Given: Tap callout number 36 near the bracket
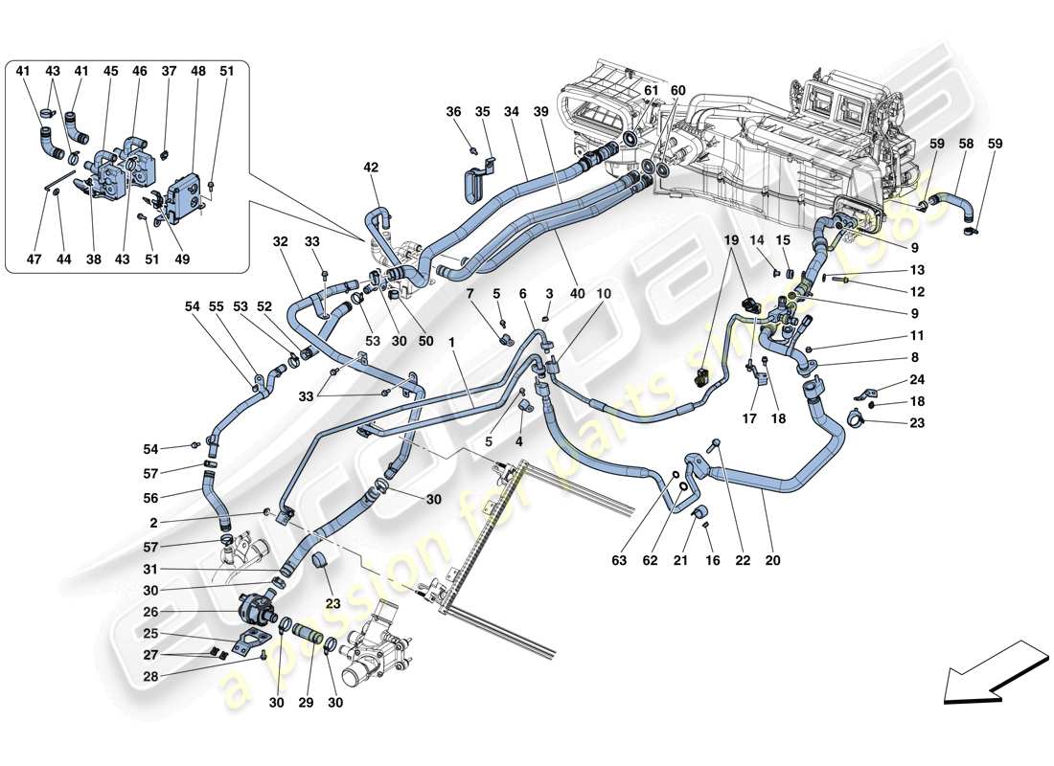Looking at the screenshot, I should tap(454, 112).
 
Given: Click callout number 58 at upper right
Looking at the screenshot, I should tap(967, 144).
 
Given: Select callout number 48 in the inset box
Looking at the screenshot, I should tap(198, 71).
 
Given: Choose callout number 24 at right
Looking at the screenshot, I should tap(917, 378).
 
